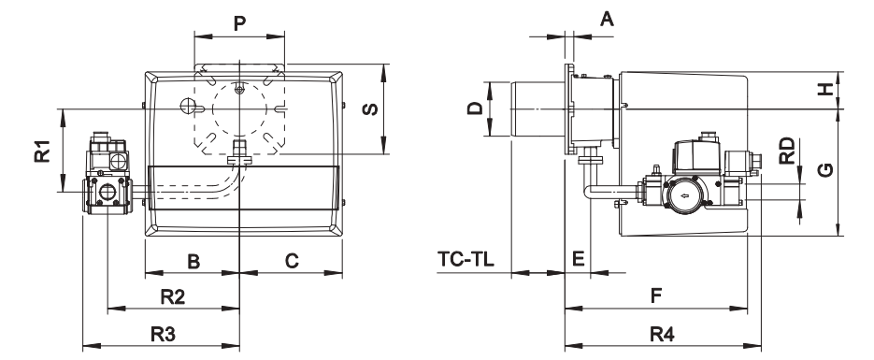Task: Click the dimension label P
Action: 239,23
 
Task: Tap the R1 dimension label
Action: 42,151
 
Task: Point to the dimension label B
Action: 193,261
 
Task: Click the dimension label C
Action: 292,261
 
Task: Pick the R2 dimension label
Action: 173,297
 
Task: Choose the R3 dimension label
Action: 164,335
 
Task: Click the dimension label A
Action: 607,20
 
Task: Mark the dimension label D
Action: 475,108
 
